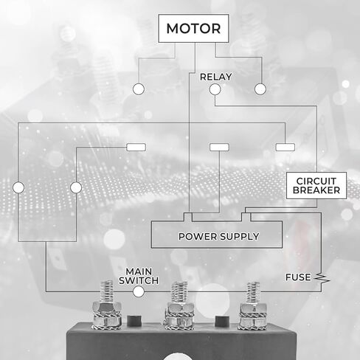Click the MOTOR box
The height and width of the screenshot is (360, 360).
(x=193, y=28)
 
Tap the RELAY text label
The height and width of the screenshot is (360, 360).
(x=215, y=77)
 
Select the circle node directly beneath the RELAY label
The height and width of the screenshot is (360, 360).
(x=215, y=89)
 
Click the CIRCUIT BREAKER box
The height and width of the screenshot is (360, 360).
(x=316, y=186)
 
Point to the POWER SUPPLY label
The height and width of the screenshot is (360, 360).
(x=218, y=237)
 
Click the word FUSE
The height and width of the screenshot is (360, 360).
(x=298, y=277)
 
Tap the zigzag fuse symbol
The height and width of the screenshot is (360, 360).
(x=322, y=278)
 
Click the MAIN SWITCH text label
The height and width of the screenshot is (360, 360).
(x=139, y=276)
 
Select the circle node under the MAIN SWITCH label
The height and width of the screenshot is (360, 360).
(x=139, y=292)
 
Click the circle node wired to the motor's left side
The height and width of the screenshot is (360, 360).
(x=139, y=89)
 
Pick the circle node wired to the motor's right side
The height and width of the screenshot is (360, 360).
(x=260, y=89)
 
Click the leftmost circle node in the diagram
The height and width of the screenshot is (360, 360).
(x=18, y=187)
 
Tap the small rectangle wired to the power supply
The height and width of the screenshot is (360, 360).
(x=219, y=148)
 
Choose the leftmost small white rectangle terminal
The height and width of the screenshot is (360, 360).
(x=136, y=148)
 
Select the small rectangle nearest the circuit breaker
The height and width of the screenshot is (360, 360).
(x=285, y=148)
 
